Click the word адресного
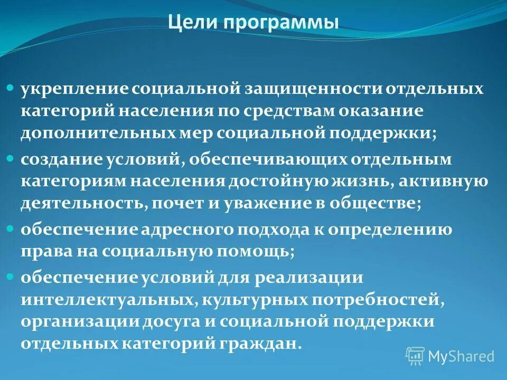pyautogui.click(x=189, y=230)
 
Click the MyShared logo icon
pyautogui.click(x=415, y=356)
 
